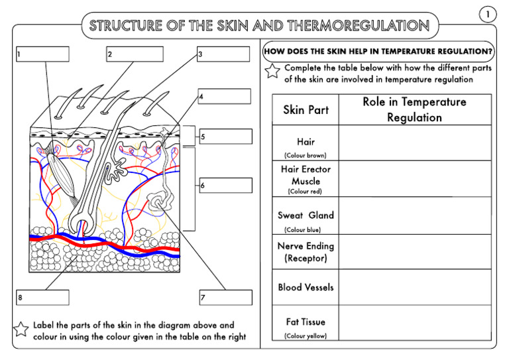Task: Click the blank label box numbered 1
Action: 42,54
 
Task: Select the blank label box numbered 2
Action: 133,54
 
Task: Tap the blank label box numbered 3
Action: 223,54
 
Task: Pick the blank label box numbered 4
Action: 224,97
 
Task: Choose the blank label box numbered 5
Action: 225,137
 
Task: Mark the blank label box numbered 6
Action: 225,186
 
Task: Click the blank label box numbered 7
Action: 225,297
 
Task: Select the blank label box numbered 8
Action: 42,297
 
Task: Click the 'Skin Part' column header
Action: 306,109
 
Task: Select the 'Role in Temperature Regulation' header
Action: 414,109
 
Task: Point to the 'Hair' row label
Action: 306,142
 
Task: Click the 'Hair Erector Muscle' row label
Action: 306,175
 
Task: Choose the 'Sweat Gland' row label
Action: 306,215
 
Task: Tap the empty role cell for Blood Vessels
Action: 414,287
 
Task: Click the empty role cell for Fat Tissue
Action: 414,323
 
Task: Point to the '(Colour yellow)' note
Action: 306,336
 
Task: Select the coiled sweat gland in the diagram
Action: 159,201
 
